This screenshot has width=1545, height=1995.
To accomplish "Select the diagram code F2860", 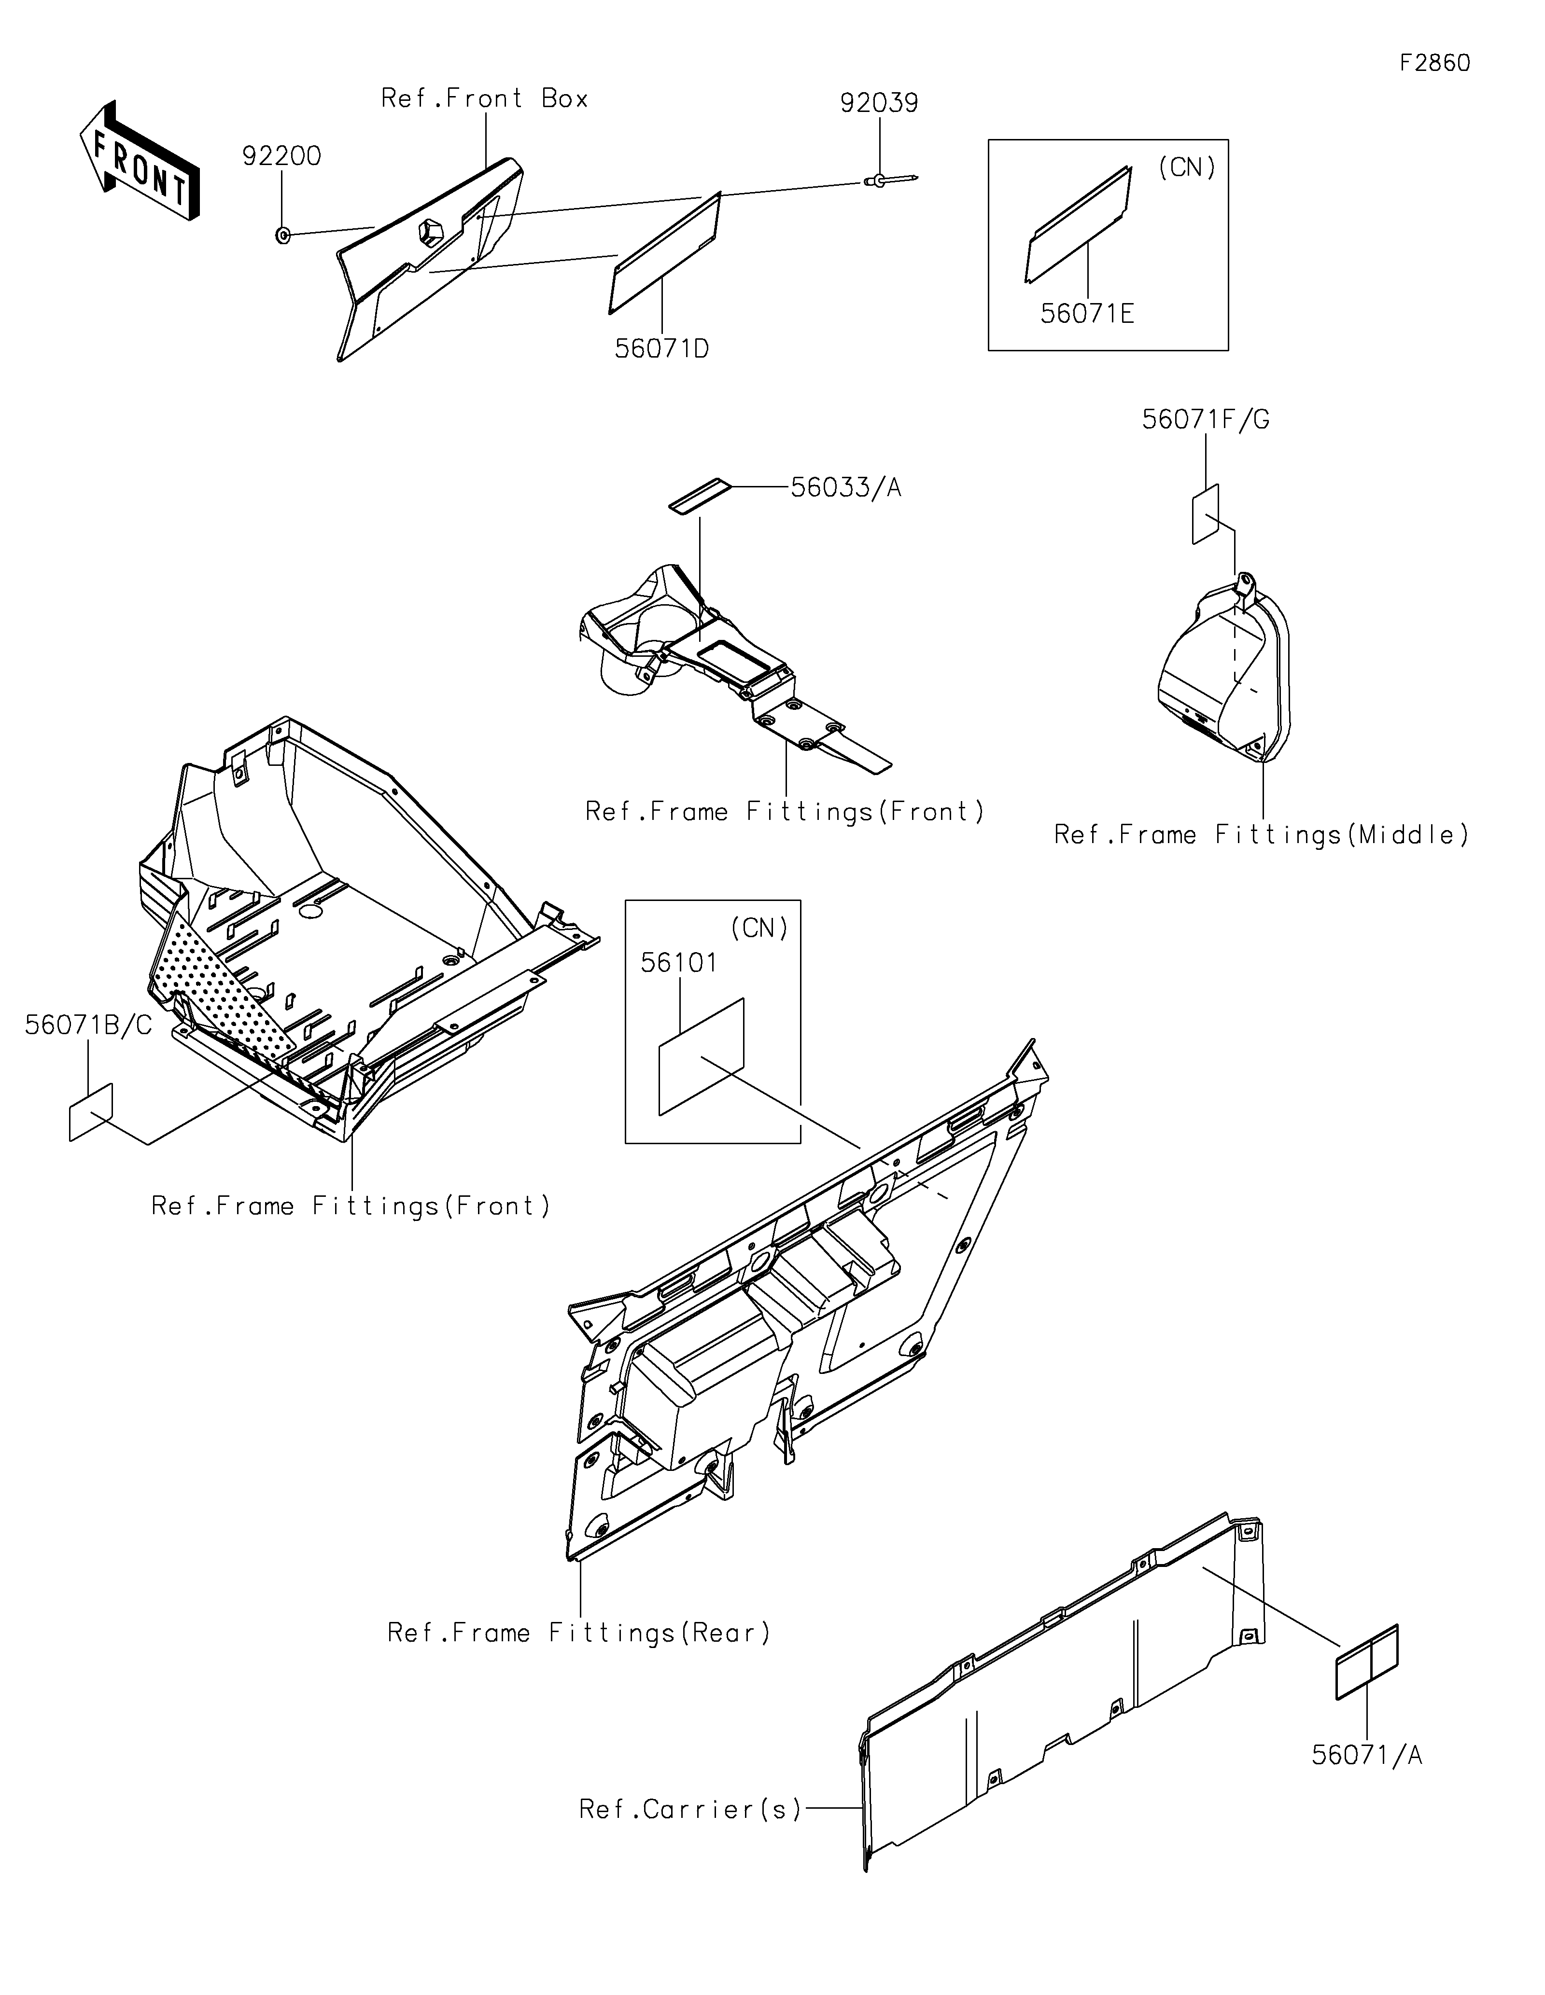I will pos(1434,63).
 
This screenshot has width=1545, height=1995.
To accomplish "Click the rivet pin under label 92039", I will pos(886,181).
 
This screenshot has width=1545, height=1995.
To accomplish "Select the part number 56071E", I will pos(1087,314).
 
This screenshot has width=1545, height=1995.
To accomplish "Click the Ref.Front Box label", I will pos(484,98).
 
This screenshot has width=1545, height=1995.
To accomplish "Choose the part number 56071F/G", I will pos(1205,420).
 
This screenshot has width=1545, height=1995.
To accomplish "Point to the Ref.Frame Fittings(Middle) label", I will pos(1261,835).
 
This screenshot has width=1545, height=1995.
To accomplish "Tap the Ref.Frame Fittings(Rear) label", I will pos(579,1633).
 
